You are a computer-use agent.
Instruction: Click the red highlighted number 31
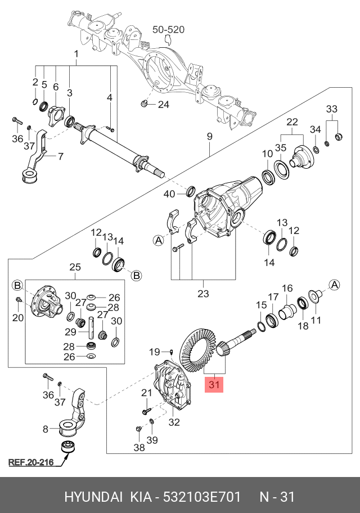tap(214, 384)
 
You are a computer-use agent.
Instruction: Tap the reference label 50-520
tap(169, 29)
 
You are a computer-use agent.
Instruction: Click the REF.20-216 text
tap(31, 462)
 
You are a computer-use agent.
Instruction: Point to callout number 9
tap(209, 137)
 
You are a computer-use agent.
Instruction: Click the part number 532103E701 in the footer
tap(202, 496)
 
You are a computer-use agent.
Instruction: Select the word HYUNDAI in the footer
tap(93, 496)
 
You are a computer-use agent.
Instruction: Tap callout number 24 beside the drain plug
tap(164, 105)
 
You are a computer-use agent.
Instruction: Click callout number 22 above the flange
tap(292, 122)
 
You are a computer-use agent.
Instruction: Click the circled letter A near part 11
tap(334, 285)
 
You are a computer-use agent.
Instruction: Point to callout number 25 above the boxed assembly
tap(75, 267)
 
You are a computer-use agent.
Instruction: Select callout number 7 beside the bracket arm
tap(61, 156)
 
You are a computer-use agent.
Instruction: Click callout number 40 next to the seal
tap(169, 194)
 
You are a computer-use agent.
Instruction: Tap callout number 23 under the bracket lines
tap(203, 294)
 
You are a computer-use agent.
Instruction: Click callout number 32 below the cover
tap(174, 422)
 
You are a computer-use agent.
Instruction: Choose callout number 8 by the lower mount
tap(46, 429)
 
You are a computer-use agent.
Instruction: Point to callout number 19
tap(155, 352)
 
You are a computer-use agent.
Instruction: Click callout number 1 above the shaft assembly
tap(76, 53)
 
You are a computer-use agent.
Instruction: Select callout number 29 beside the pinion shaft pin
tap(70, 332)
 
